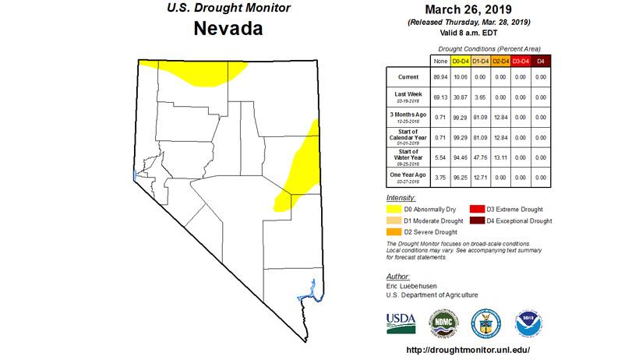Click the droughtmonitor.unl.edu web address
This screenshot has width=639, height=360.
pos(468,350)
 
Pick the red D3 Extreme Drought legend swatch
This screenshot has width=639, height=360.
pos(475,210)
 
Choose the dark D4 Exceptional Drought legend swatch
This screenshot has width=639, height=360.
pos(475,221)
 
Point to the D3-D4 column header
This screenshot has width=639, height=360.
pos(521,60)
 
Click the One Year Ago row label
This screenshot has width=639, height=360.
pos(408,178)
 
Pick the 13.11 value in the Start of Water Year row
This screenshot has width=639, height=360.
pos(500,157)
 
